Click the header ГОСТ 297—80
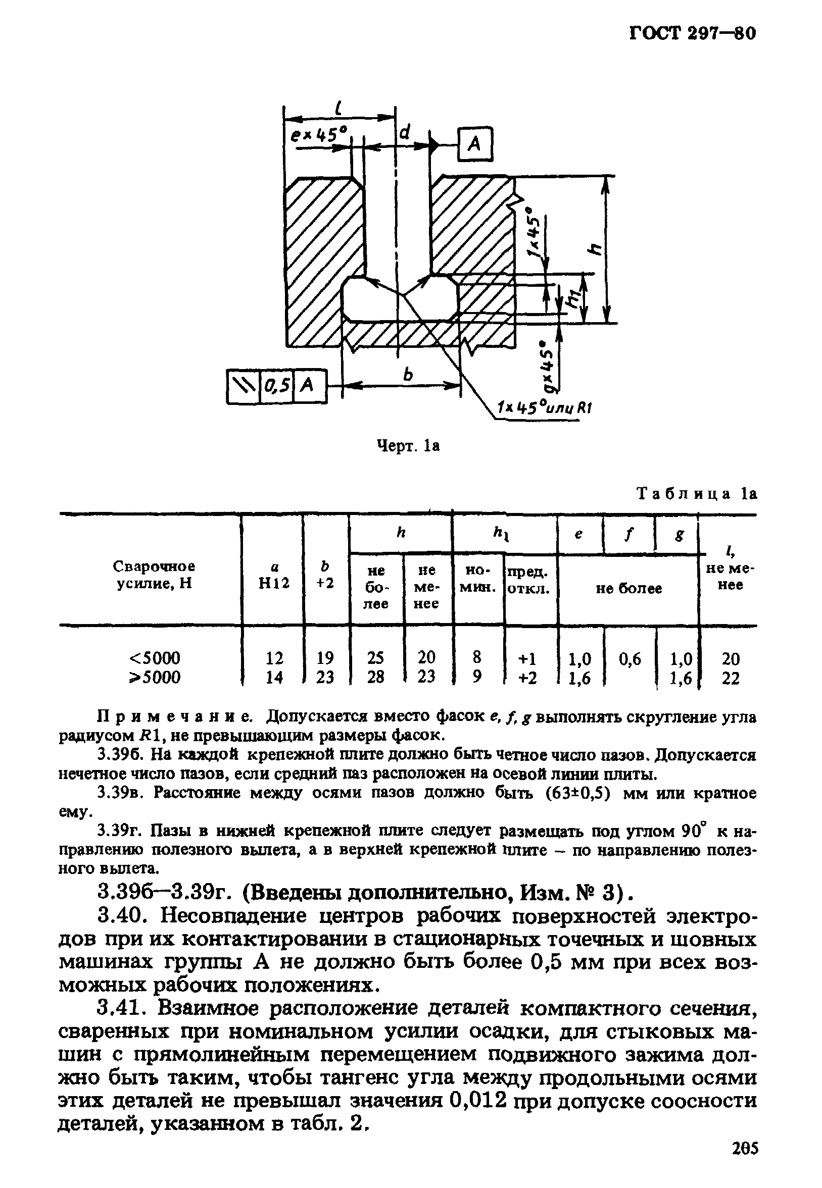point(692,33)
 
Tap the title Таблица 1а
point(696,494)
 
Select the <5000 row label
point(155,658)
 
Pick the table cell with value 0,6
point(630,659)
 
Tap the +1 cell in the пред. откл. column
point(528,659)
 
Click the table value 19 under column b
point(325,658)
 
